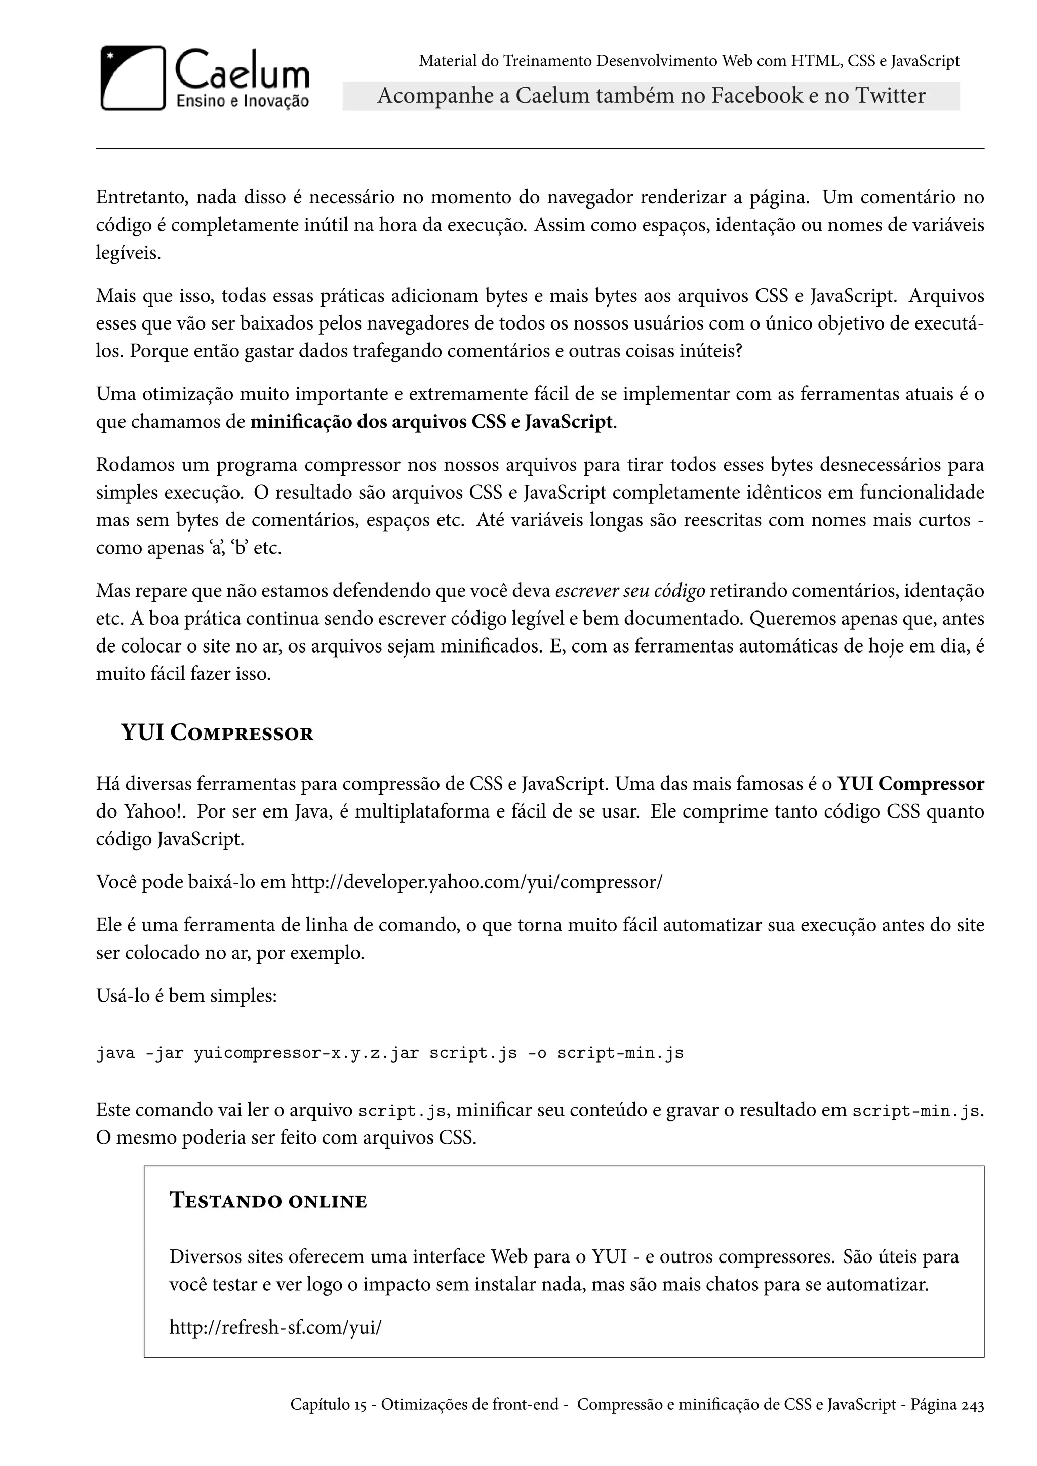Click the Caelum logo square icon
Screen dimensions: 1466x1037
tap(133, 78)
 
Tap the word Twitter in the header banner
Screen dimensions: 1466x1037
tap(890, 96)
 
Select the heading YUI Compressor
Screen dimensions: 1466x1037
tap(217, 733)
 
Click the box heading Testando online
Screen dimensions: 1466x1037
tap(268, 1201)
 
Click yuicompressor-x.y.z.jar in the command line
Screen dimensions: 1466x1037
tap(306, 1053)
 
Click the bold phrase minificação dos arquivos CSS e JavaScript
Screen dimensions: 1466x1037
tap(431, 422)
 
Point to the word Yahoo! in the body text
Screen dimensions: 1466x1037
tap(154, 811)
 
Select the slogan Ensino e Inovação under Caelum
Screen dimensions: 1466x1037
tap(243, 101)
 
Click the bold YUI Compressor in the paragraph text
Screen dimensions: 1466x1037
tap(910, 784)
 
